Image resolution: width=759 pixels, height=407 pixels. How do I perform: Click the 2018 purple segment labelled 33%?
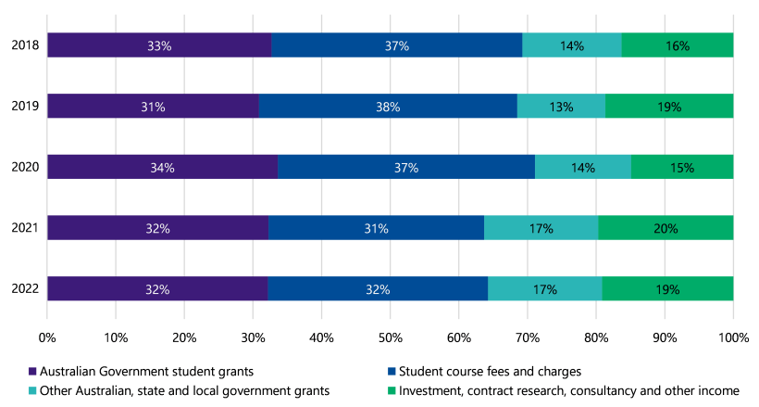(159, 45)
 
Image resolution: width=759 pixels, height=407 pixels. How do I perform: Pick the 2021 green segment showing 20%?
(666, 228)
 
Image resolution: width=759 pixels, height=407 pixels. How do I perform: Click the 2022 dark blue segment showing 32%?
(378, 289)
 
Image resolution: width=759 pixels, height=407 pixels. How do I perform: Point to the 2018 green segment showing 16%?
(678, 45)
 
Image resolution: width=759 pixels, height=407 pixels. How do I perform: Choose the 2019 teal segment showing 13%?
(561, 107)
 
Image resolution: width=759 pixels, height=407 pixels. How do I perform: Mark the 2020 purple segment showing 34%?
(162, 167)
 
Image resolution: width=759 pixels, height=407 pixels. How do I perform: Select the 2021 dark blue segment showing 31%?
(376, 228)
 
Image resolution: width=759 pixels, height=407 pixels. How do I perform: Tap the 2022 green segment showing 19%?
(667, 289)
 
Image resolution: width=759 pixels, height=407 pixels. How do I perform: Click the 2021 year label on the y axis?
(24, 228)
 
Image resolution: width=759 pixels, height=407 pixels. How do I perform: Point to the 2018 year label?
(24, 45)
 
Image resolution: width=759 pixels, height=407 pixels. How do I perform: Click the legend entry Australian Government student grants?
(138, 371)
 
